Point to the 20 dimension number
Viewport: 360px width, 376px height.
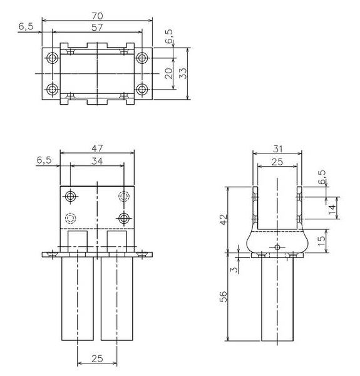tap(168, 73)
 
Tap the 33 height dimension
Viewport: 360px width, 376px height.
tap(183, 73)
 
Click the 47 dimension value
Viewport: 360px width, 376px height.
tap(97, 148)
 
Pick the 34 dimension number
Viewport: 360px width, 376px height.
tap(97, 160)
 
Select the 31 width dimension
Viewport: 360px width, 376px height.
tap(276, 148)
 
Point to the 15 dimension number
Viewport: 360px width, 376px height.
tap(322, 240)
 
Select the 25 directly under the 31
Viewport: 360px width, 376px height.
tap(276, 162)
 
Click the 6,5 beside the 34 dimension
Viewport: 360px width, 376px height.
tap(44, 160)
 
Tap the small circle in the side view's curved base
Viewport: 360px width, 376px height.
tap(277, 248)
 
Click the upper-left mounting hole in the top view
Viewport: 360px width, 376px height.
tap(52, 58)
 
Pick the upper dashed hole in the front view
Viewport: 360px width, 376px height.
tap(124, 197)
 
